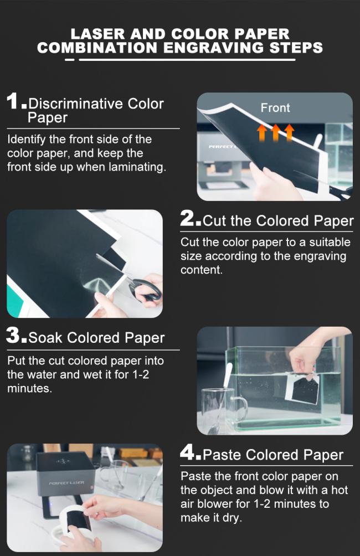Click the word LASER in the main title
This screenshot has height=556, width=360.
pos(97,34)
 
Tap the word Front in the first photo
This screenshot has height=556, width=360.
pos(275,108)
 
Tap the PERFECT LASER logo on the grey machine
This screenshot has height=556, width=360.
pos(66,483)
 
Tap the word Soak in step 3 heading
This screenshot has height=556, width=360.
pos(46,338)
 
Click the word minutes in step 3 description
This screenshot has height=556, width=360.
pos(29,388)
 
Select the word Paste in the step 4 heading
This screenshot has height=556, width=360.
pos(222,455)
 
